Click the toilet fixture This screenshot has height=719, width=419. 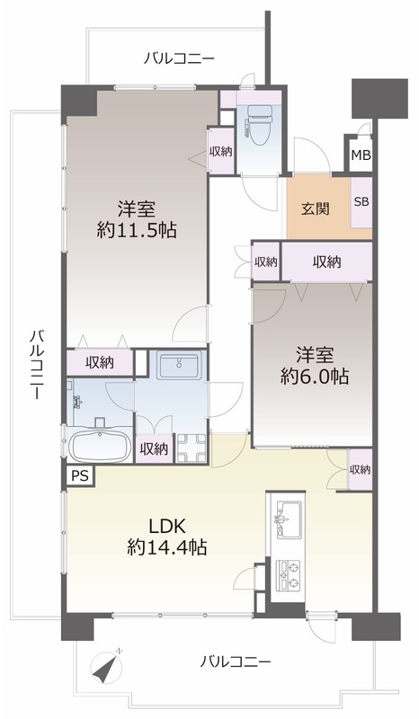coord(256,121)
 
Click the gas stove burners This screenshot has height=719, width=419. coord(288,575)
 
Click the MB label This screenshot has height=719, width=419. coord(361,155)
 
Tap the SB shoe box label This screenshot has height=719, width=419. coord(361,201)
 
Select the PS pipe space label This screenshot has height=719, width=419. coord(81,476)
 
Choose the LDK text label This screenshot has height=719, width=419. coord(166,527)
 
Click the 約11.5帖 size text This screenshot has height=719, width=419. coord(137,230)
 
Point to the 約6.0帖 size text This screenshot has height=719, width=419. coord(315,377)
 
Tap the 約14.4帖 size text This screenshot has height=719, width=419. coord(166,547)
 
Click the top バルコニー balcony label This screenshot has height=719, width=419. coord(180,59)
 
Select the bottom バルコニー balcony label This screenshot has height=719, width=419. coord(236,661)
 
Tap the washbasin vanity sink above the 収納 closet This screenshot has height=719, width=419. coord(178,365)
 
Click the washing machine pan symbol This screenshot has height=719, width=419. coord(192,448)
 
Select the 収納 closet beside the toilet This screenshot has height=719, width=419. coord(221,151)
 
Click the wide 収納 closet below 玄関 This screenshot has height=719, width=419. coord(326,262)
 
